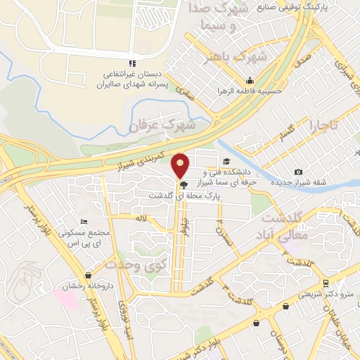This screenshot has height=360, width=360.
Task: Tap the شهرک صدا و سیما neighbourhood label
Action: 219,19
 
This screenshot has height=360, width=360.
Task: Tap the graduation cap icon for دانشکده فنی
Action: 226,162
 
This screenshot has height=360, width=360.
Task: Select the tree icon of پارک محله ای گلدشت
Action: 184,185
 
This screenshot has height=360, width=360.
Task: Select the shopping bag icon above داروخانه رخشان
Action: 88,276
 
